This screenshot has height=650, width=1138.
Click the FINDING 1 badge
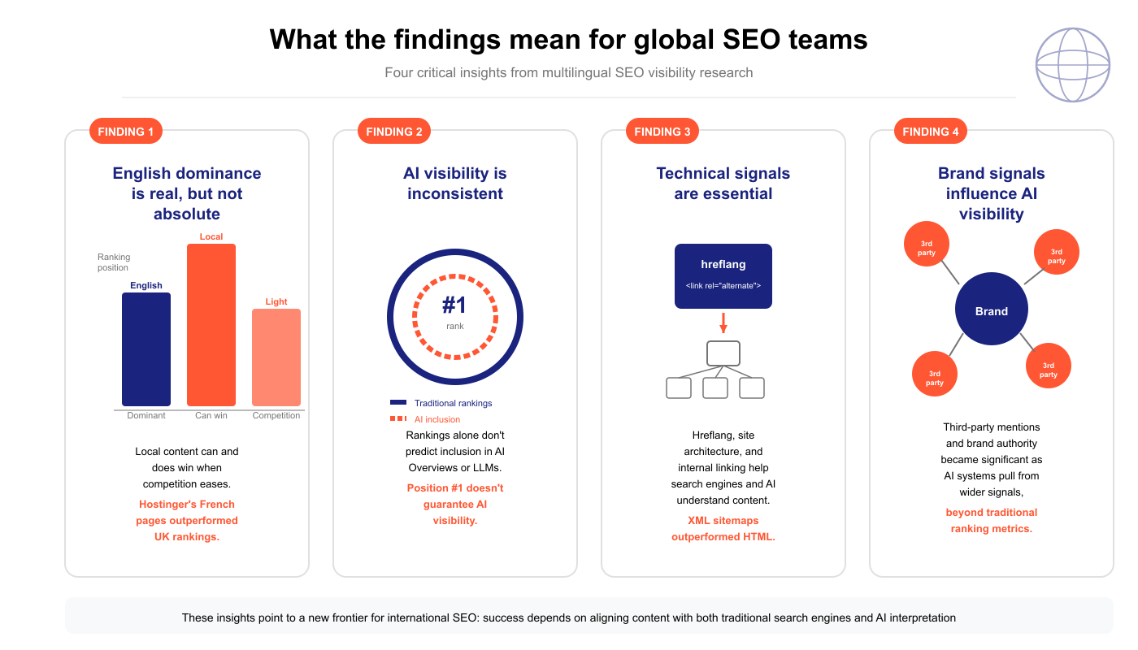[125, 132]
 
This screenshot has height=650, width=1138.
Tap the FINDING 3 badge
[662, 132]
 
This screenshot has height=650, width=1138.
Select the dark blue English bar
[146, 349]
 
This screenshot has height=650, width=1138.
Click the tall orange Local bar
[211, 325]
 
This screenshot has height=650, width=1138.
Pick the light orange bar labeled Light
[276, 357]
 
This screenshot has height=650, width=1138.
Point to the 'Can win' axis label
[211, 415]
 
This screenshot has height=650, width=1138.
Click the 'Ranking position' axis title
[114, 262]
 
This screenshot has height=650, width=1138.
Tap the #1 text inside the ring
[454, 305]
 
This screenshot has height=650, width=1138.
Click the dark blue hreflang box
[723, 276]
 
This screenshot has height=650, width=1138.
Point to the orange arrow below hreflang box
[723, 323]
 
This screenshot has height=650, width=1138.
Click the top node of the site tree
[723, 353]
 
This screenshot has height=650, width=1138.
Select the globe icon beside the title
[1073, 65]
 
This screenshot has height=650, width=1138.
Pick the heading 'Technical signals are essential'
[723, 184]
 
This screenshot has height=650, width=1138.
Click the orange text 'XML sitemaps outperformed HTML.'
[723, 528]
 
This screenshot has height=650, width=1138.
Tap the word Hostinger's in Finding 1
[169, 504]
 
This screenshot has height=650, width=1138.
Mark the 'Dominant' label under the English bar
[146, 415]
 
